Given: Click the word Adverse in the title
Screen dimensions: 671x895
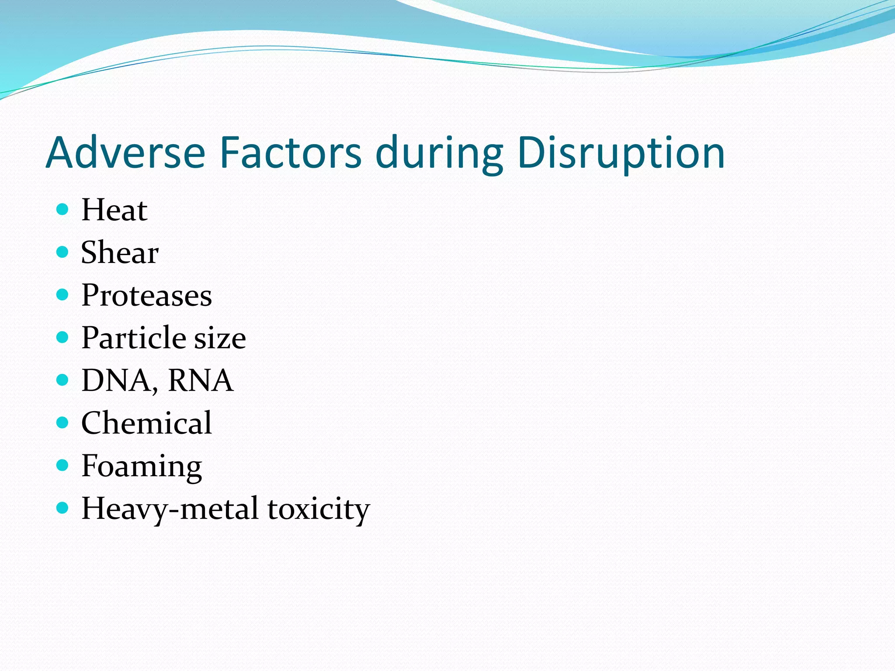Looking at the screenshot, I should click(x=125, y=153).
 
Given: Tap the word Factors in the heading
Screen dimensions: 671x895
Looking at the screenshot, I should click(x=290, y=153).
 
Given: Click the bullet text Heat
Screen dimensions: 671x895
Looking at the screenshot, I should click(x=114, y=210).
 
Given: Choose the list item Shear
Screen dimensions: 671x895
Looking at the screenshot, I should click(x=120, y=253).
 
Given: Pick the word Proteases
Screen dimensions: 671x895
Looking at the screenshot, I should click(x=146, y=296).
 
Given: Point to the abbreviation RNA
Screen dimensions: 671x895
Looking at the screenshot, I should click(x=200, y=380).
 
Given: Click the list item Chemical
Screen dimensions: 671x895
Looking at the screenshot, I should click(x=146, y=423).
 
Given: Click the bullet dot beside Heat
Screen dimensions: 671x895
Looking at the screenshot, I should click(x=63, y=209).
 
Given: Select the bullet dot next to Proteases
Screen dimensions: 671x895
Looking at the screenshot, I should click(x=63, y=295).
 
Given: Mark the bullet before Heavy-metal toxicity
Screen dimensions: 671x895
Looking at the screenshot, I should click(x=63, y=508).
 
